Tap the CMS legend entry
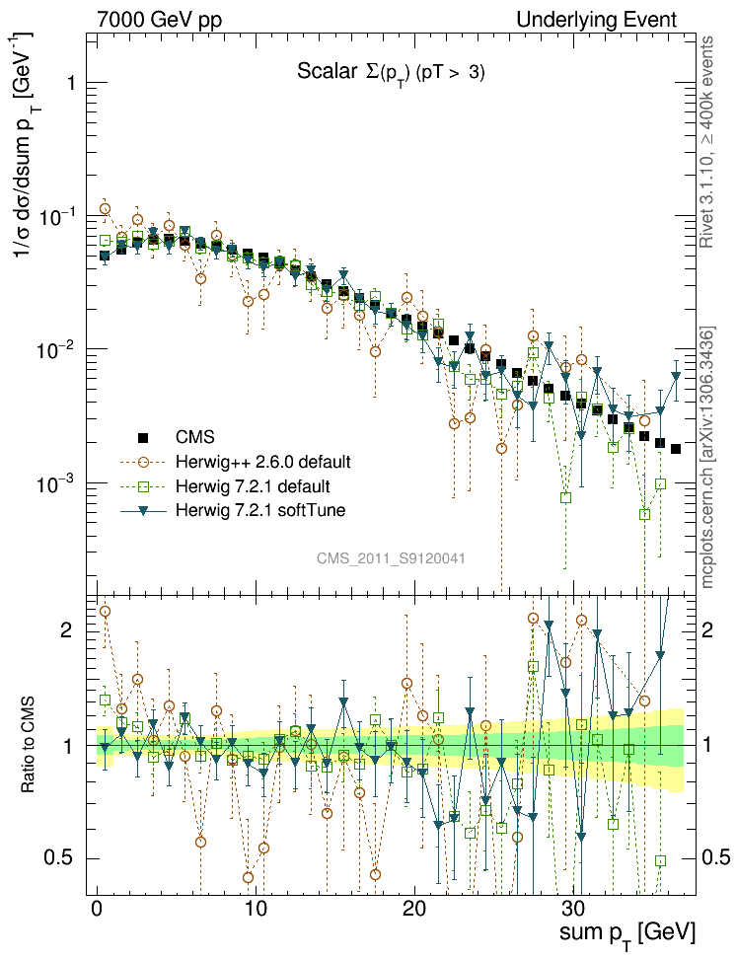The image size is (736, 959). [x=194, y=437]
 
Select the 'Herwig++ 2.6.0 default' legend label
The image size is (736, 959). [x=263, y=462]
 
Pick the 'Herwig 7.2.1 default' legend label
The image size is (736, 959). [x=253, y=486]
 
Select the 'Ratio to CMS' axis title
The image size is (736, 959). [x=30, y=745]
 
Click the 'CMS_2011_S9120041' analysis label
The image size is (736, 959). [x=391, y=558]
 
